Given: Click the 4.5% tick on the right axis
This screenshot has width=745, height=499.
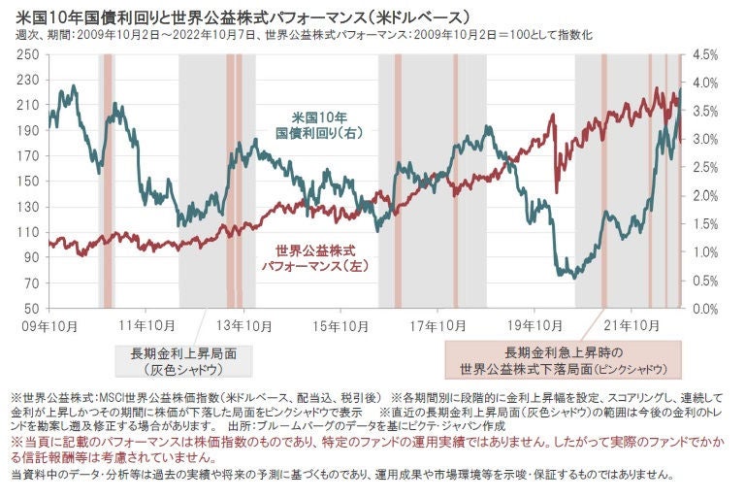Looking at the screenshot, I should (706, 55).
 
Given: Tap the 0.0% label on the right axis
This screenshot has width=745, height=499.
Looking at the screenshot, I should (706, 309).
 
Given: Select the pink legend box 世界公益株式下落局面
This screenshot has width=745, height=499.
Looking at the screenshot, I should (562, 360).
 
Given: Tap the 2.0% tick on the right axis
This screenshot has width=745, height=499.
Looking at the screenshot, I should (706, 196).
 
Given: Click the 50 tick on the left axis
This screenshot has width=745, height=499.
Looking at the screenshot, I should (25, 309).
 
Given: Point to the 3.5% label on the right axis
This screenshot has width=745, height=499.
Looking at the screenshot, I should (706, 112).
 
